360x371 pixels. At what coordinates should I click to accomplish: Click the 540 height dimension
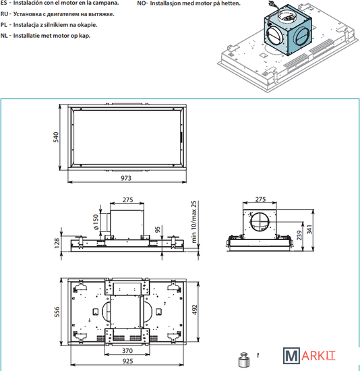click(55, 137)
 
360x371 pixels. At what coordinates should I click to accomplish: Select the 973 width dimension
click(126, 178)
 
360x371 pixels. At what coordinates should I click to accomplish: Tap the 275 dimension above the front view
click(127, 200)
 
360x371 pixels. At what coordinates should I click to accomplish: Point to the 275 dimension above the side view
click(260, 199)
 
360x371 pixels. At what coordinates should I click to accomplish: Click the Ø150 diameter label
click(96, 222)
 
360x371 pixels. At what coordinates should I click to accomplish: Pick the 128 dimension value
click(57, 244)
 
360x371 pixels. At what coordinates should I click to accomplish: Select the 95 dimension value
click(158, 229)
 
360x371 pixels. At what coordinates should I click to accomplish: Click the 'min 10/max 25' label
click(194, 222)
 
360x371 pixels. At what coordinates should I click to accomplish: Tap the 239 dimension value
click(299, 235)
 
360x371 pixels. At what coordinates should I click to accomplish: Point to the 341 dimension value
click(309, 229)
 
